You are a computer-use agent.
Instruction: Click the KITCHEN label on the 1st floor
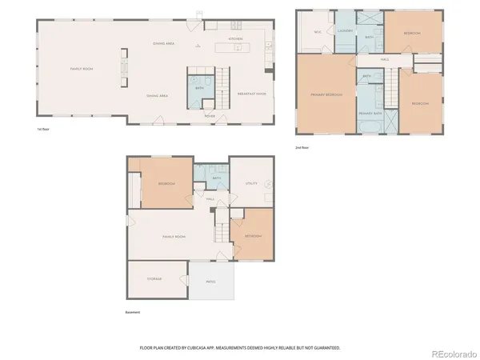coord(235,38)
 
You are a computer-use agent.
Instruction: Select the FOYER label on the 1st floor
coord(210,116)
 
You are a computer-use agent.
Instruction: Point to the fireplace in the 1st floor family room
coord(123,68)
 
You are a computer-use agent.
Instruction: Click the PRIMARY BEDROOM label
coord(326,94)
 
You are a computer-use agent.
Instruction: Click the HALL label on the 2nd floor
coord(384,59)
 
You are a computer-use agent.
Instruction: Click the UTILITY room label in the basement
coord(250,183)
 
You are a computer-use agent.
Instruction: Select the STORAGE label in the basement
coord(154,278)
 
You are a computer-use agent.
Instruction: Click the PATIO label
coord(211,282)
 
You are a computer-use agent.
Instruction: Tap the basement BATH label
coord(216,178)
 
